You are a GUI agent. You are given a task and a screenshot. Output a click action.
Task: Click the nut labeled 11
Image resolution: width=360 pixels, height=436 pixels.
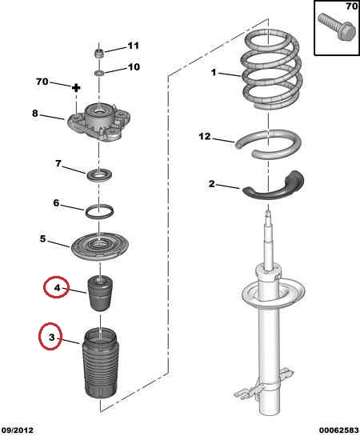[99, 54]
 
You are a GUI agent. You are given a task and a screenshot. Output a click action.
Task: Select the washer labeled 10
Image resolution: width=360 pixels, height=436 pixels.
[99, 73]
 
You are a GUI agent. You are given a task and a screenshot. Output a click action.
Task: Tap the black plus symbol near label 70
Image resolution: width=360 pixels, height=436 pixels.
[76, 88]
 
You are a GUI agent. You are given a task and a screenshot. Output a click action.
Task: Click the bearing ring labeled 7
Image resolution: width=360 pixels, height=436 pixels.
[98, 175]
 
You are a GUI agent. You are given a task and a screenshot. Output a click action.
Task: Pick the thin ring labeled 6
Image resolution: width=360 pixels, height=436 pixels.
[99, 212]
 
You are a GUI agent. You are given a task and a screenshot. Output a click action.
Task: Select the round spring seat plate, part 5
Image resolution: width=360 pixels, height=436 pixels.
[99, 246]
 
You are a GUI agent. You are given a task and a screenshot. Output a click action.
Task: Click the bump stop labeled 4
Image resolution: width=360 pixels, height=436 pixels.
[100, 293]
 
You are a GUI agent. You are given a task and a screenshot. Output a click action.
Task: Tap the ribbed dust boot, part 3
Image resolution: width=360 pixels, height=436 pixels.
[100, 363]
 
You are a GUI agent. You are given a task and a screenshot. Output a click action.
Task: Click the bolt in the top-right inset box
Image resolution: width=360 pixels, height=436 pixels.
[338, 27]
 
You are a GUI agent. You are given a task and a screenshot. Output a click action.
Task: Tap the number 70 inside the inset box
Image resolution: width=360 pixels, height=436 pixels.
[351, 6]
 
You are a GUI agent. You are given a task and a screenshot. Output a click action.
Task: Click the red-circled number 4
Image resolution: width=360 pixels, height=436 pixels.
[57, 287]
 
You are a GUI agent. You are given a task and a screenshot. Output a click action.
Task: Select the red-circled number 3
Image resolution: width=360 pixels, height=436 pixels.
[51, 337]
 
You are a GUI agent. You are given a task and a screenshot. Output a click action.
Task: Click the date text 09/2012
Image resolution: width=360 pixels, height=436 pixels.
[17, 430]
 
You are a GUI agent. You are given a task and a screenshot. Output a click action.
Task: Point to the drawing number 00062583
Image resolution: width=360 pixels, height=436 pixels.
[339, 430]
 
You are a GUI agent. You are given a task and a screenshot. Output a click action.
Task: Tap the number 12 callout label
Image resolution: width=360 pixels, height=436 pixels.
[205, 136]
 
